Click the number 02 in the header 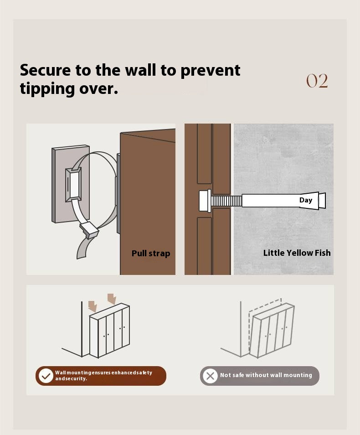click(317, 81)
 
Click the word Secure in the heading click(45, 70)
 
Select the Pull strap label click(151, 254)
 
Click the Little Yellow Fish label click(297, 253)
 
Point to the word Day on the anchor click(306, 200)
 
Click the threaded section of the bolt click(226, 201)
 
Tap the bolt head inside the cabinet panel click(205, 200)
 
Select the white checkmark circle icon click(46, 376)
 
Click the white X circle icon click(210, 376)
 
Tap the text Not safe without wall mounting click(266, 375)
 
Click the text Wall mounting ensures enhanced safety click(103, 373)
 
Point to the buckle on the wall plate click(73, 184)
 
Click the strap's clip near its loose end click(89, 229)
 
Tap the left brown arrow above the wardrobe click(93, 306)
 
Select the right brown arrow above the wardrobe click(112, 299)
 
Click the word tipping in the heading click(47, 89)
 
